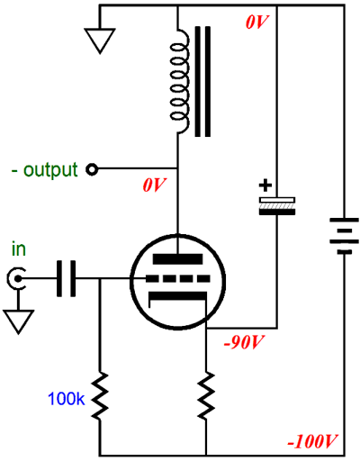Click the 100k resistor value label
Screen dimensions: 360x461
(67, 399)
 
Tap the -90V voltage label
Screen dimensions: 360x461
(243, 342)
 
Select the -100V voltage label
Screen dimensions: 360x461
(312, 441)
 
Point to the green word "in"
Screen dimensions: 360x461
(19, 249)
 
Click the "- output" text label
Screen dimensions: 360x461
(44, 170)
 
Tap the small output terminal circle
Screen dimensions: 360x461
(92, 169)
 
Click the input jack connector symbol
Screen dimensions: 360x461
(15, 279)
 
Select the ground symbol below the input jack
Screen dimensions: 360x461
(18, 321)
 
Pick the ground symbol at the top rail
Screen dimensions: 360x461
(100, 41)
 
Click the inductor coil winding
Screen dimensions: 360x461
(179, 81)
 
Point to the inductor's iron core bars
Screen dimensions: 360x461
(202, 82)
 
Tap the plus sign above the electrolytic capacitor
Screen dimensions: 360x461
(265, 185)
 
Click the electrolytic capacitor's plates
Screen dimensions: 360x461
(277, 206)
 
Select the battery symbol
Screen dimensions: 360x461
(344, 236)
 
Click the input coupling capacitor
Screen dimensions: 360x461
(66, 279)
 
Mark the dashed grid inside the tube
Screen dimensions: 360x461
(178, 279)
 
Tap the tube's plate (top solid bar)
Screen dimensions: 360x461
(178, 259)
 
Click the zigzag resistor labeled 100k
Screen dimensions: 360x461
(100, 396)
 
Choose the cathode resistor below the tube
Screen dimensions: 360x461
(206, 395)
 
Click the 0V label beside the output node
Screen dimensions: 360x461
(154, 185)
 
